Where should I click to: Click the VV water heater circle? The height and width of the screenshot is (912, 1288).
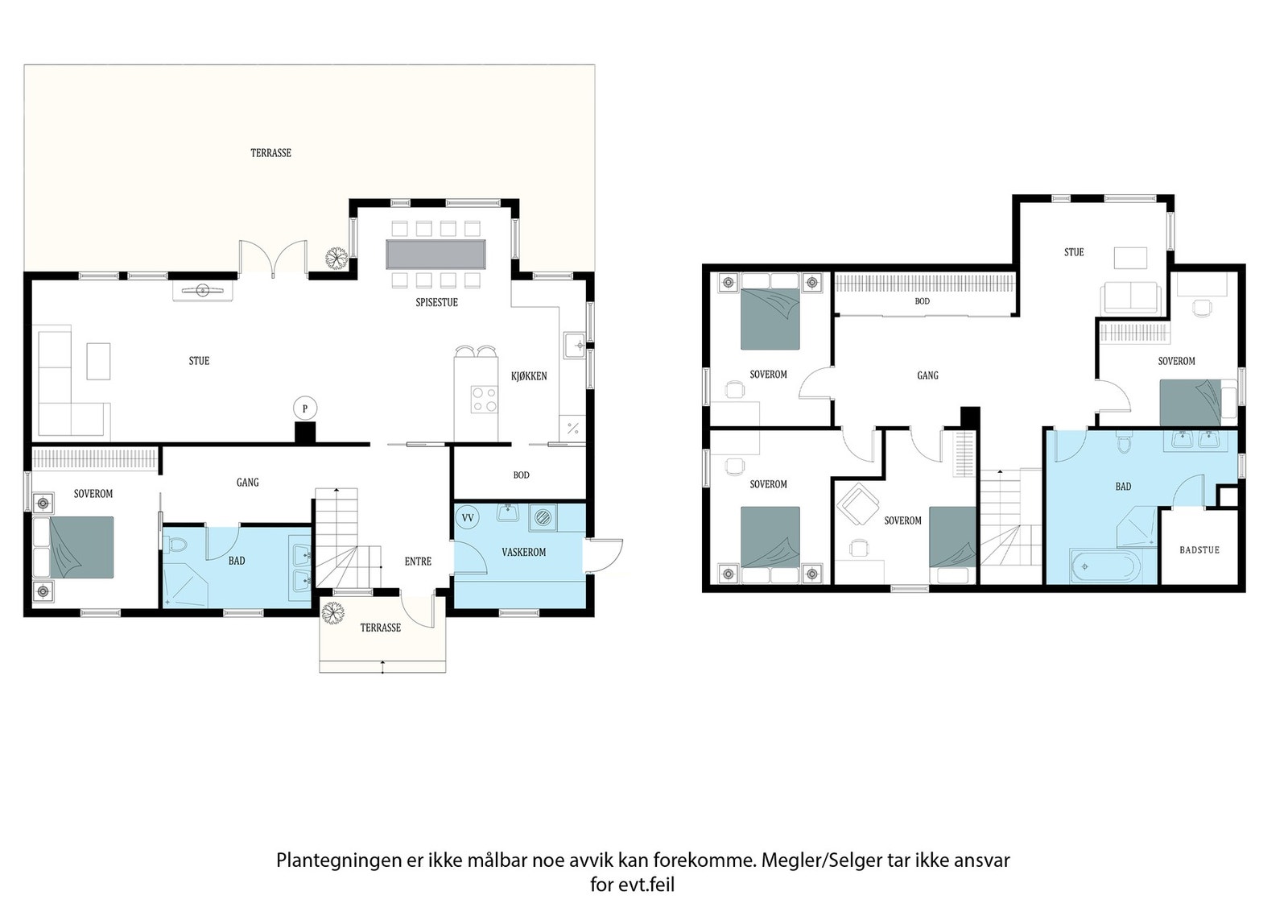(468, 518)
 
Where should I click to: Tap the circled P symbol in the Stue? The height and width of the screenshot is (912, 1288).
(305, 408)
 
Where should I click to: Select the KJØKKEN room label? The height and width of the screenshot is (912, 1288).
(529, 376)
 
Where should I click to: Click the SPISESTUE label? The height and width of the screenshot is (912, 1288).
(437, 302)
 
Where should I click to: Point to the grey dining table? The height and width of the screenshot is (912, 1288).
(436, 255)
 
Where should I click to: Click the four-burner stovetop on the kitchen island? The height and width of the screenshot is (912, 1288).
(484, 400)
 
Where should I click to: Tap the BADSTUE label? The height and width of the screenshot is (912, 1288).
(1199, 550)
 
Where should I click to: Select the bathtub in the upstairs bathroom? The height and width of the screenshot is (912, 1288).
(1104, 566)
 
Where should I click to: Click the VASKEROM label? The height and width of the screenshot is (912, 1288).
(524, 553)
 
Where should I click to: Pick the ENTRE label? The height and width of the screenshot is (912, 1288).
(418, 562)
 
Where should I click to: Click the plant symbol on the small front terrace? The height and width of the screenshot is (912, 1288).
(332, 613)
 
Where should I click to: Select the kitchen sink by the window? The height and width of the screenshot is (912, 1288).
(575, 346)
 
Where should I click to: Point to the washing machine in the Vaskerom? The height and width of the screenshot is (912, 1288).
(543, 517)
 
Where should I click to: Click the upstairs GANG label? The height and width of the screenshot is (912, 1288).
(927, 375)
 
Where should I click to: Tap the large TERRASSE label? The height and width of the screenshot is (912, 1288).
(270, 153)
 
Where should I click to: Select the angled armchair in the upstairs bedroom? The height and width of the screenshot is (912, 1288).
(857, 504)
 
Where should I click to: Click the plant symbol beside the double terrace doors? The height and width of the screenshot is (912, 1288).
(336, 258)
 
